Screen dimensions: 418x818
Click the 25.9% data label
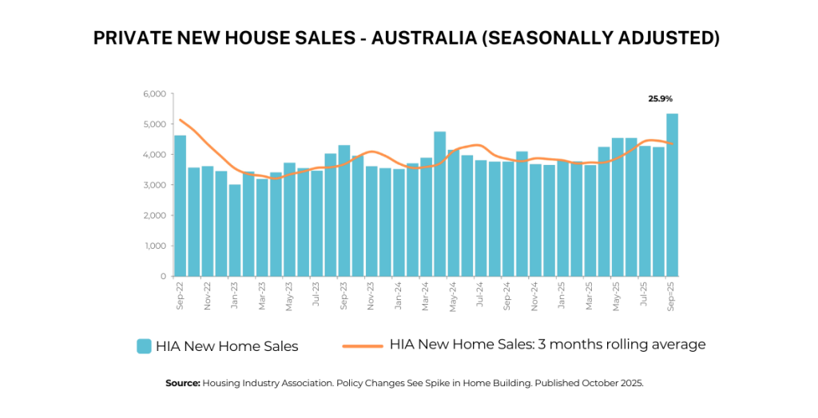[661, 99]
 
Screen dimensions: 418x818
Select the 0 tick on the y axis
[162, 276]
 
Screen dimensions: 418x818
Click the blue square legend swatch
[144, 345]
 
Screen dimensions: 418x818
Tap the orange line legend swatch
[363, 345]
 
